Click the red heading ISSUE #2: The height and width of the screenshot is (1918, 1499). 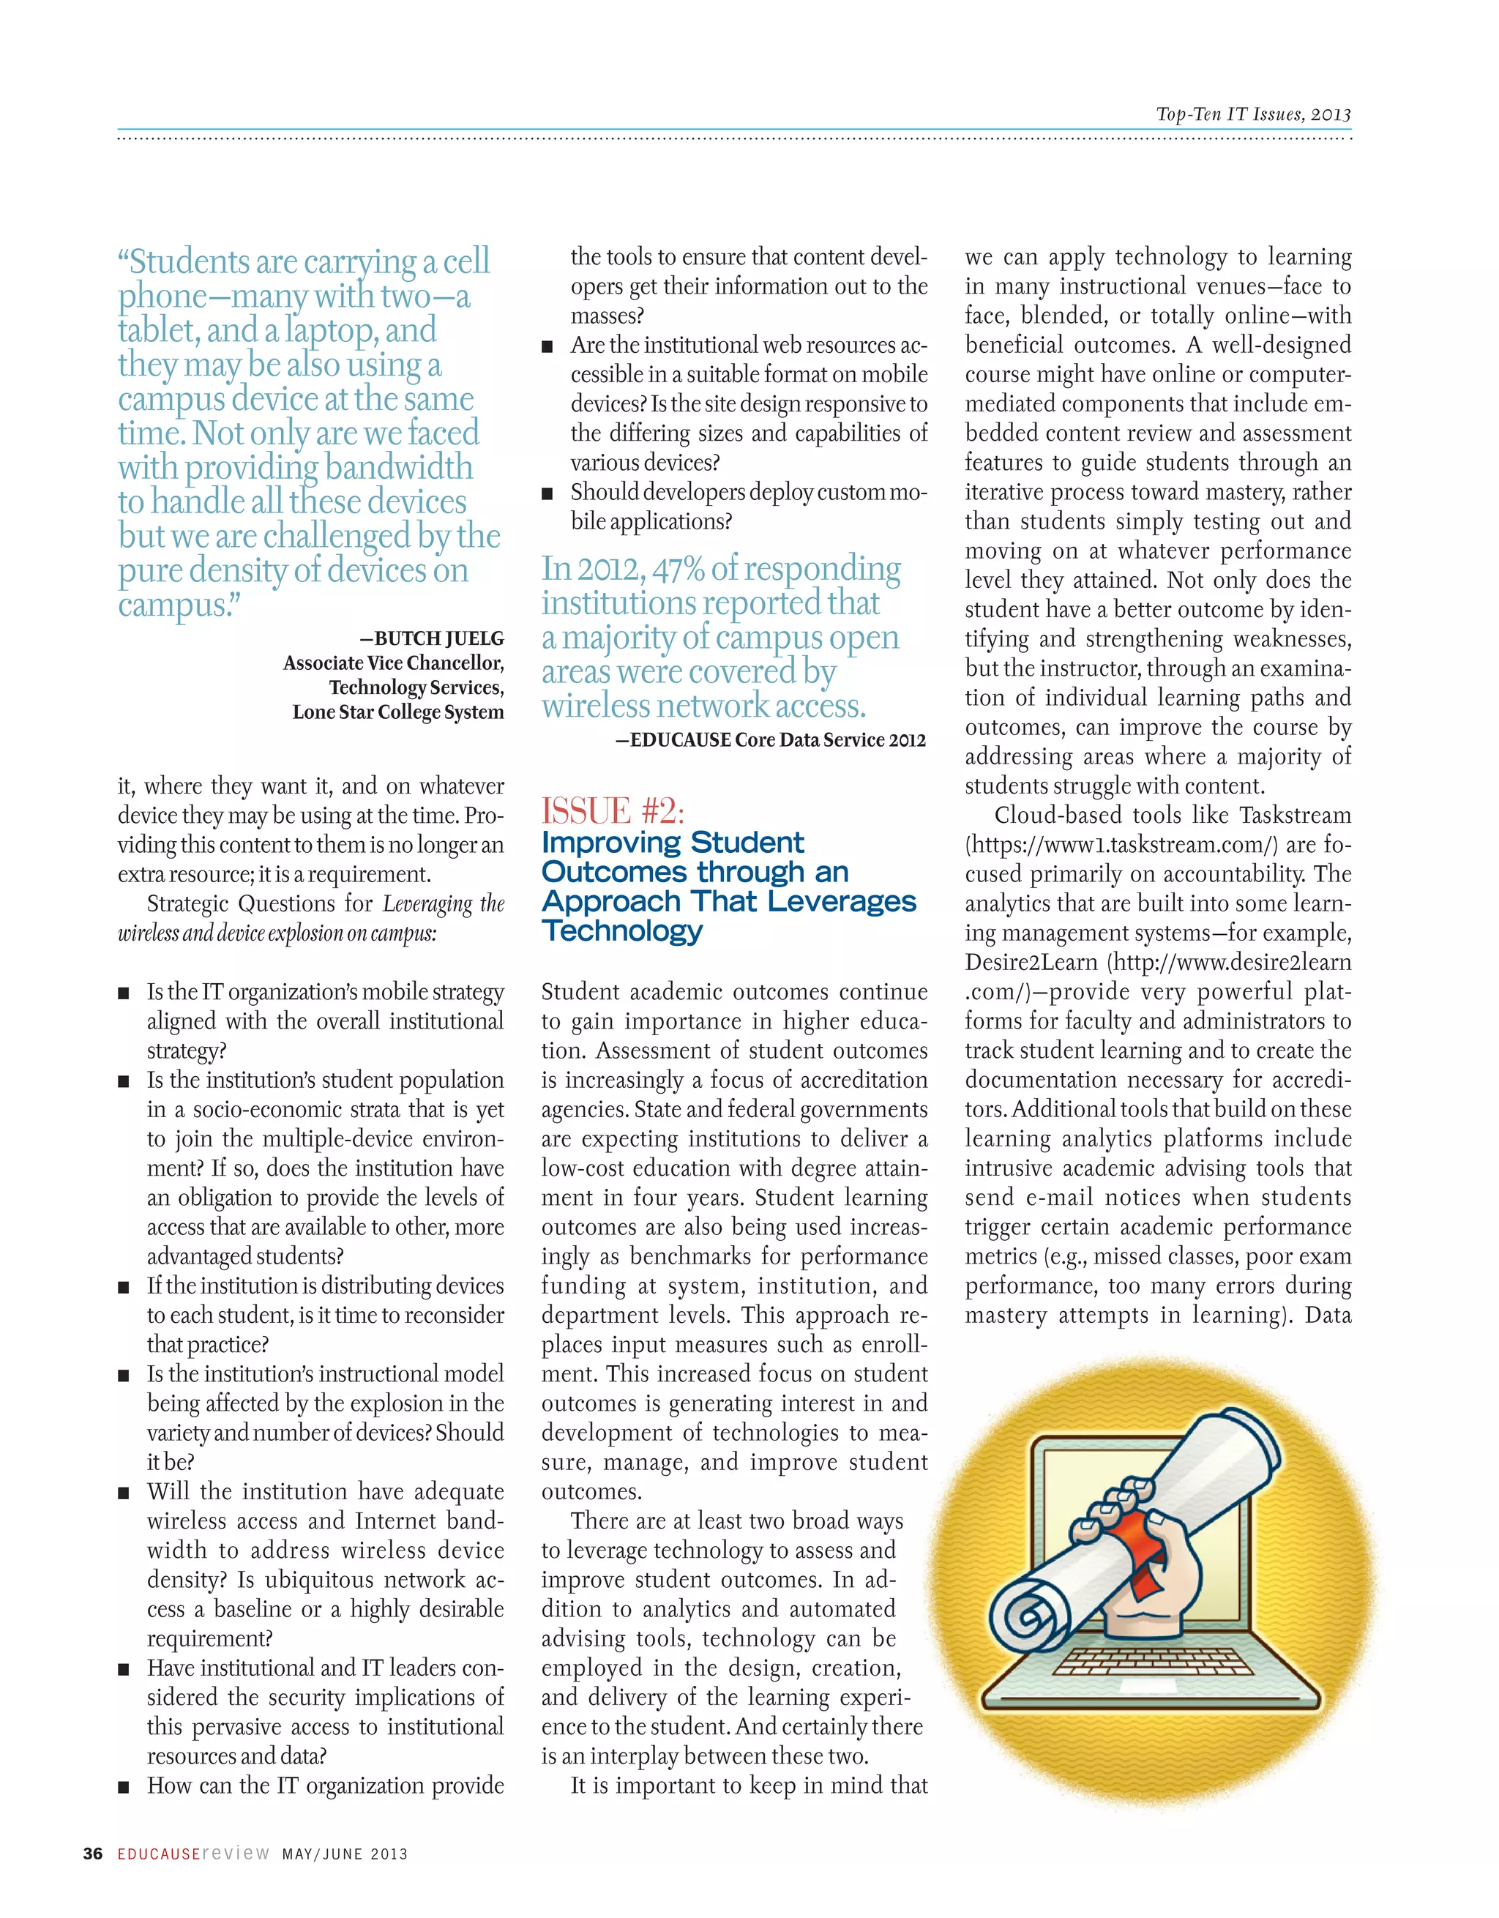coord(612,810)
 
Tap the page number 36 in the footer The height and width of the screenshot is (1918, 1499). coord(92,1854)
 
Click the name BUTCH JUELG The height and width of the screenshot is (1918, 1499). coord(439,638)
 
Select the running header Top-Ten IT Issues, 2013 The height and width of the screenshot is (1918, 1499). coord(1253,114)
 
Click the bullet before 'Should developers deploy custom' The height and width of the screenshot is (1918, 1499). coord(547,493)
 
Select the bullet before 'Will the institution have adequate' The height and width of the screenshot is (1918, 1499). coord(124,1493)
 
